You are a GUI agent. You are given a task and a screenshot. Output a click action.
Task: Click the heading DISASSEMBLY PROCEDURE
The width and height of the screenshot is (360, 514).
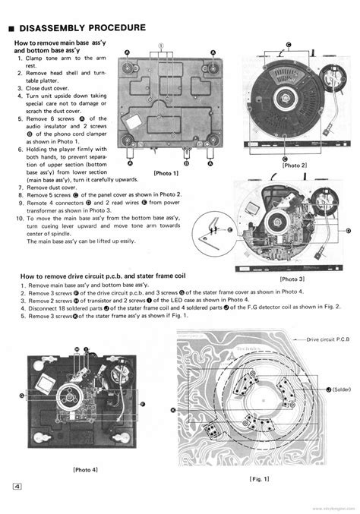(84, 28)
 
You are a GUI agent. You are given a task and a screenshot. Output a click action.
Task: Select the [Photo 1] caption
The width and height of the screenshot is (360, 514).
(166, 174)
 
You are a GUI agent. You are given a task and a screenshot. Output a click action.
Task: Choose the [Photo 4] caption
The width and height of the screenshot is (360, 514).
(85, 469)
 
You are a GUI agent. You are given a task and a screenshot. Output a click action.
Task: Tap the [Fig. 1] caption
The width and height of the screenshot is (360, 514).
(260, 480)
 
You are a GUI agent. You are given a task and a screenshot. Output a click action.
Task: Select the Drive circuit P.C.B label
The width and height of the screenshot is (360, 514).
(330, 341)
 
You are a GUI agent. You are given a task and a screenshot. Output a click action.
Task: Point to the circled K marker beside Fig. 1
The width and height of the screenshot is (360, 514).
(173, 410)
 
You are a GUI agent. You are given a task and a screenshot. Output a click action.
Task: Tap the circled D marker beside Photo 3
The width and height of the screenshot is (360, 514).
(347, 230)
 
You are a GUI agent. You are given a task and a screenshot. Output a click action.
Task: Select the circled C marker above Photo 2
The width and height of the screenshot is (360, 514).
(289, 44)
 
